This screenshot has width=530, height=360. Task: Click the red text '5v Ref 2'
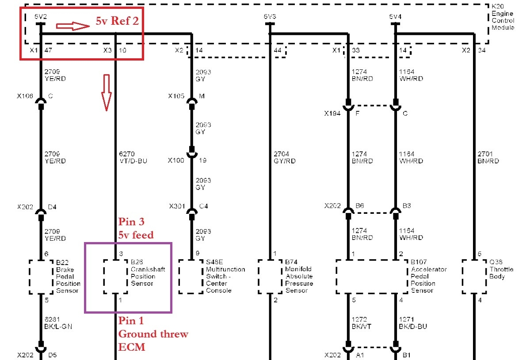[118, 22]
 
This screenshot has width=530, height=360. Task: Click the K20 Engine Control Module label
[503, 17]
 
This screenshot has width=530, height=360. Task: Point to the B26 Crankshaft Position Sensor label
[142, 273]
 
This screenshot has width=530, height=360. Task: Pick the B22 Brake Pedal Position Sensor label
[68, 276]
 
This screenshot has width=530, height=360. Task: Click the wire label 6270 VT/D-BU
[132, 158]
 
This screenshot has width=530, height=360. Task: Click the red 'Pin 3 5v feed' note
[136, 228]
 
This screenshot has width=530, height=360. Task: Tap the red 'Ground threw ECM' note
[153, 341]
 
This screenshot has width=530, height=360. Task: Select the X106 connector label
[26, 95]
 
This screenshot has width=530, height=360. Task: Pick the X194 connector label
[332, 114]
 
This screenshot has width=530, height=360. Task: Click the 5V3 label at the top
[270, 17]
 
